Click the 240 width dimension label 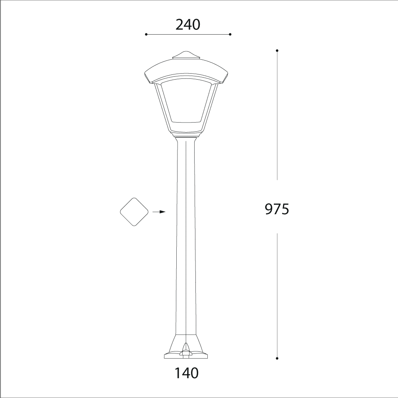pos(187,25)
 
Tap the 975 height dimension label pos(277,209)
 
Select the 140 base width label pos(186,373)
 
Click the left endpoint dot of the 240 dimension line pos(146,35)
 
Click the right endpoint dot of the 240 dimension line pos(230,35)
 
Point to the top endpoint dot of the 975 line pos(277,51)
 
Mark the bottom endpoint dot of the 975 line pos(277,358)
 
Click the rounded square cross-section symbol pos(134,212)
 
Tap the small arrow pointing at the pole pos(159,212)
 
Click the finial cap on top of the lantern pos(186,55)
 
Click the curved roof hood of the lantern pos(186,70)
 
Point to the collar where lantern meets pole pos(186,137)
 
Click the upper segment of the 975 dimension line pos(277,115)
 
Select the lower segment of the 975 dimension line pos(277,295)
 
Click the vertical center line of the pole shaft pos(186,239)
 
